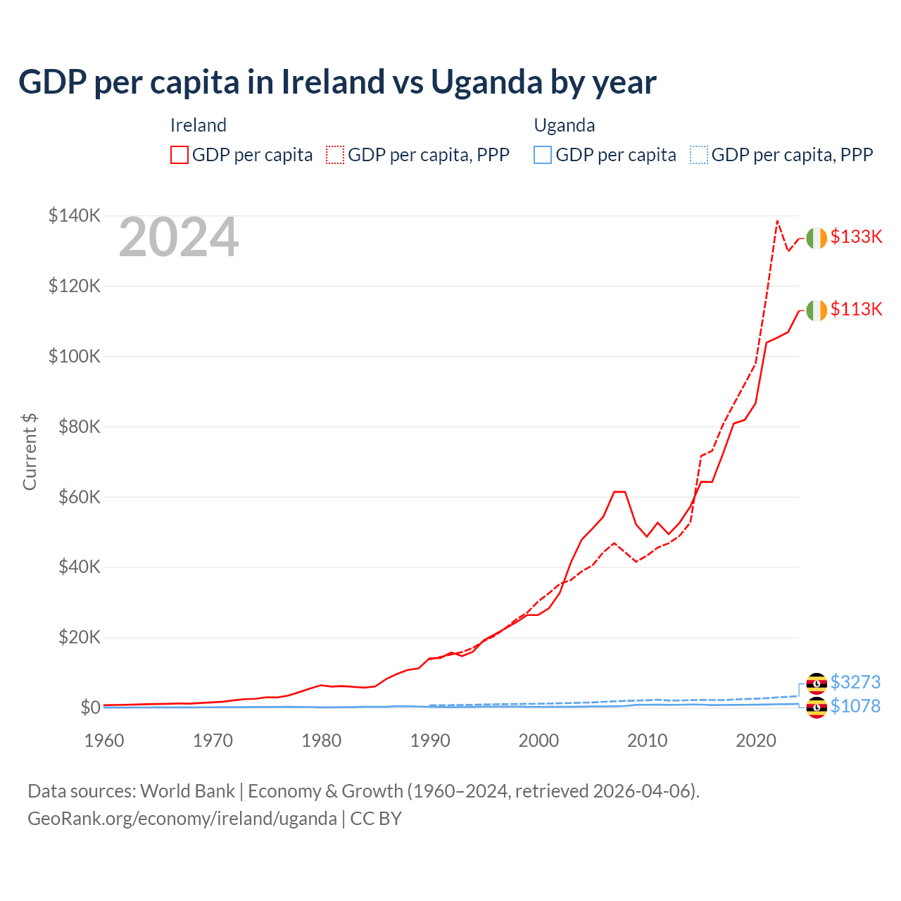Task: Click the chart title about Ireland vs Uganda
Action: pyautogui.click(x=337, y=82)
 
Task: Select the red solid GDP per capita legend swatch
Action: pyautogui.click(x=179, y=155)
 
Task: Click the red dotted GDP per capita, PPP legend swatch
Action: pyautogui.click(x=335, y=155)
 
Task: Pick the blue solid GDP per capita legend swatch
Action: pyautogui.click(x=543, y=155)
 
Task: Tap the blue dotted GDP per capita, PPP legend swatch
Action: pyautogui.click(x=699, y=155)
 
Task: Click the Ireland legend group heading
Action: pyautogui.click(x=199, y=125)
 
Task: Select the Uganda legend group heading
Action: pyautogui.click(x=565, y=125)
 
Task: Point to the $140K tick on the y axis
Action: pyautogui.click(x=75, y=215)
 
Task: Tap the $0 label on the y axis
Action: pyautogui.click(x=89, y=707)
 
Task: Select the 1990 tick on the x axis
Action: pyautogui.click(x=430, y=741)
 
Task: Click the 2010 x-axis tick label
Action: pyautogui.click(x=648, y=741)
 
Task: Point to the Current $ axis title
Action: pyautogui.click(x=30, y=452)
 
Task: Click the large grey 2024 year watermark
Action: pyautogui.click(x=179, y=238)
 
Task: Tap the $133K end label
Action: pyautogui.click(x=856, y=237)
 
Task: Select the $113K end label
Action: pyautogui.click(x=856, y=309)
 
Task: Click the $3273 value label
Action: pyautogui.click(x=855, y=682)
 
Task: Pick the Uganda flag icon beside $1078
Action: pyautogui.click(x=817, y=707)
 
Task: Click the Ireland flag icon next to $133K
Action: pyautogui.click(x=817, y=239)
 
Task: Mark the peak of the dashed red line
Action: pyautogui.click(x=777, y=221)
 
